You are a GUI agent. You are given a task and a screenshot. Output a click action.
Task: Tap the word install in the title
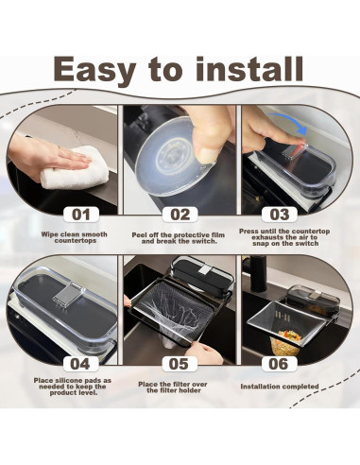tap(249, 69)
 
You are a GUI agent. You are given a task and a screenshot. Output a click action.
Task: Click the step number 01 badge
tap(81, 215)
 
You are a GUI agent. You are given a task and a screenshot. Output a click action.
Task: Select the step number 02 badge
tap(180, 215)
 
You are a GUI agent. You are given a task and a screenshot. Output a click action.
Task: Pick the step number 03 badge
tap(280, 215)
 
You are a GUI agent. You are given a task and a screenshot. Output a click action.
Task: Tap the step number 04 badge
tap(80, 364)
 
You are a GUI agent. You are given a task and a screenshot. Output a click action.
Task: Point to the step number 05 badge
tap(179, 364)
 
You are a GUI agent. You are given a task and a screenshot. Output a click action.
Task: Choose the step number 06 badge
tap(279, 364)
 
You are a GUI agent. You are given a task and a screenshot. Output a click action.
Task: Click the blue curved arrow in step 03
tap(289, 119)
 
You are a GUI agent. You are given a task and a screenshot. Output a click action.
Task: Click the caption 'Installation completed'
tap(280, 387)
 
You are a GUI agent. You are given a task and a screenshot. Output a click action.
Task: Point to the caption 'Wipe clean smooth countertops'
tap(75, 237)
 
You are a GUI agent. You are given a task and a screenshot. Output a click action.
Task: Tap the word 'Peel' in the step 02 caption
tap(140, 235)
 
